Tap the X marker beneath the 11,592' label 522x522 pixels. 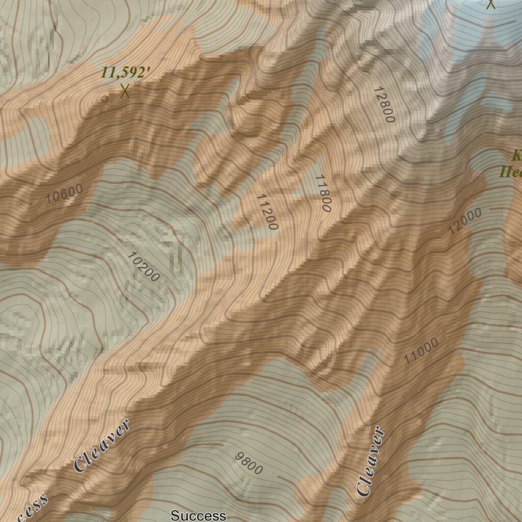[x=125, y=91]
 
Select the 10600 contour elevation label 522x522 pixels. [x=64, y=194]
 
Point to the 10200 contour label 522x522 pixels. [x=143, y=267]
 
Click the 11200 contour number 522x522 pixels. [x=267, y=212]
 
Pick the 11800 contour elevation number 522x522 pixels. [x=323, y=193]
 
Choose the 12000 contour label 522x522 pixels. [x=464, y=221]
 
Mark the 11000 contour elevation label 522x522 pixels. [x=421, y=352]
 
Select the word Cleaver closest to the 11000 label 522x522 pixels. [x=371, y=462]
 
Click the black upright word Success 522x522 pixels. [x=198, y=515]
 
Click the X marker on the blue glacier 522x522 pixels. [x=490, y=4]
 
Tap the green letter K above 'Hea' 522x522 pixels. [x=516, y=155]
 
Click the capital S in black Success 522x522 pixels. [x=174, y=515]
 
